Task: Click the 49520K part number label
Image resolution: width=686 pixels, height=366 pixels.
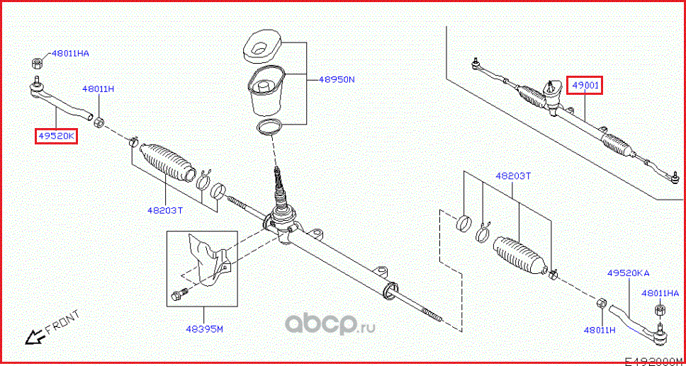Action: [55, 135]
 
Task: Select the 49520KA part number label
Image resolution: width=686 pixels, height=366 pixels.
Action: [627, 273]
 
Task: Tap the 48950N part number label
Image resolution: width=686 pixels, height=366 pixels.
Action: [336, 80]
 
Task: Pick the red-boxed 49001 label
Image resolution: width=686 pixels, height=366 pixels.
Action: [586, 86]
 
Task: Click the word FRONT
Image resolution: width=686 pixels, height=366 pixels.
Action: [62, 321]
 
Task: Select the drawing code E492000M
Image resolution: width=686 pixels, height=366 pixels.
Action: [653, 360]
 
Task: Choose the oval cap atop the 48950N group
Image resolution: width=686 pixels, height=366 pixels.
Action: [262, 47]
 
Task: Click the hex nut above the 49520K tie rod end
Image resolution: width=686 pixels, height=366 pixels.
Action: [38, 62]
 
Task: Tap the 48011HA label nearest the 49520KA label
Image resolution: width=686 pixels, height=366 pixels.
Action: [660, 293]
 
